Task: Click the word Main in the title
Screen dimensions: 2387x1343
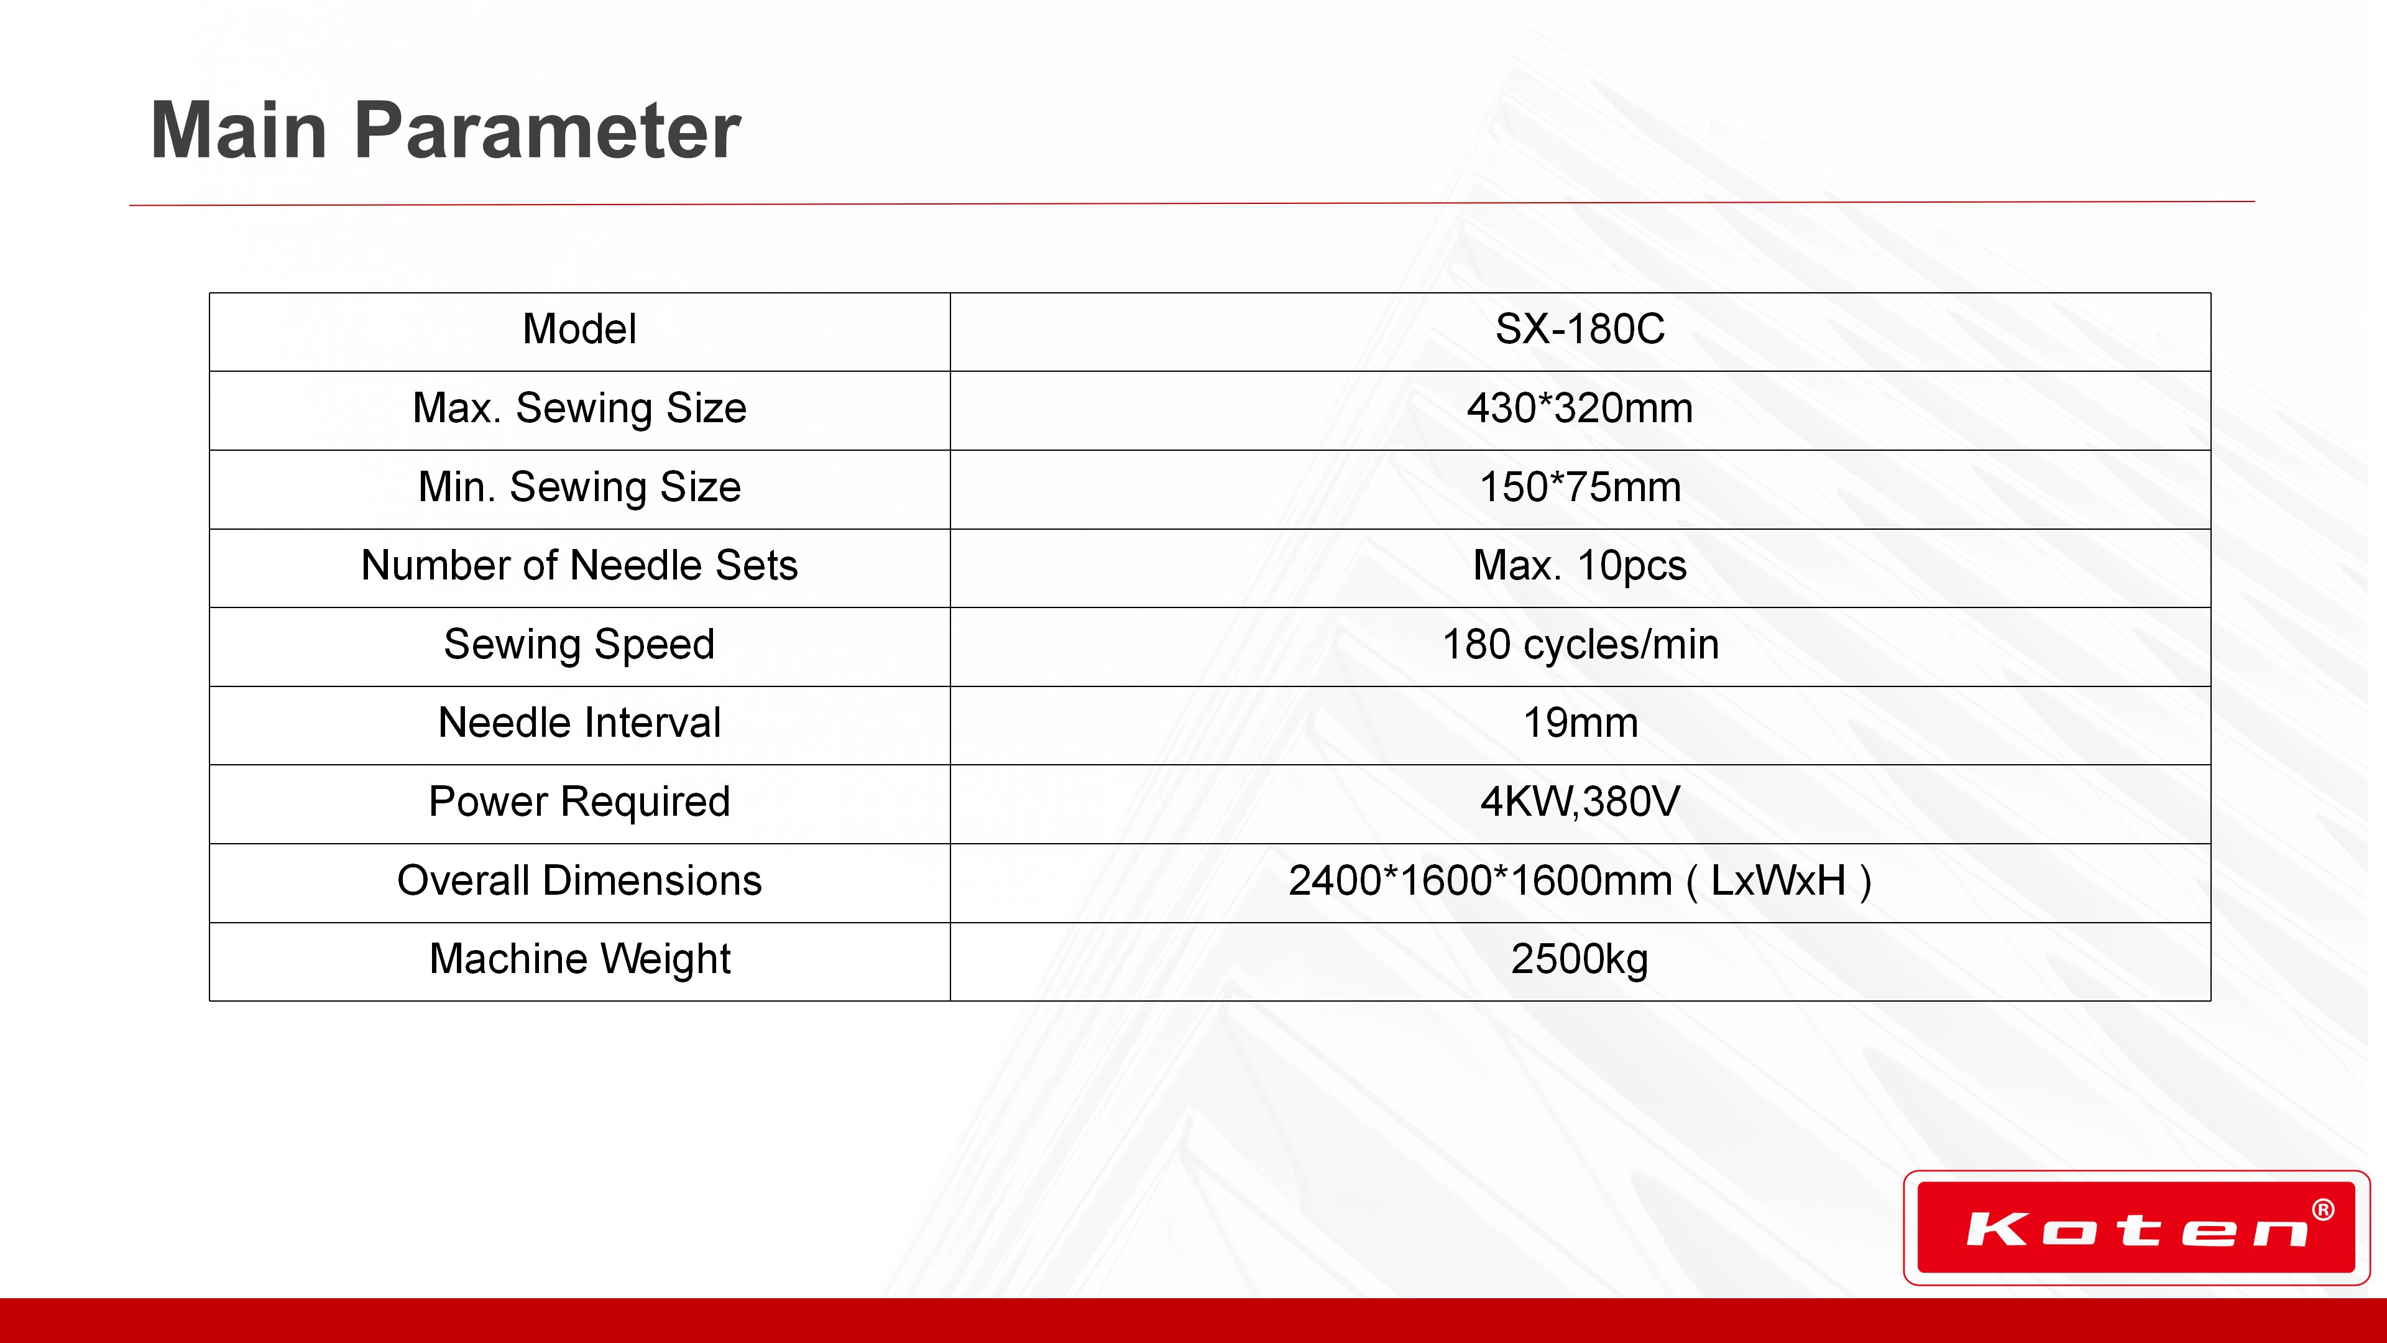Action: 239,130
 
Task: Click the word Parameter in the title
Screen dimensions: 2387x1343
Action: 547,130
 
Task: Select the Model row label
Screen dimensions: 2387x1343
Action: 579,329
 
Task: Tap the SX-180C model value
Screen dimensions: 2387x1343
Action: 1580,329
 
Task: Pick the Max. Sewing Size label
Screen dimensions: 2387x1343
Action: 579,408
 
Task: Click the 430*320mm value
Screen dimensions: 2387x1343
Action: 1580,408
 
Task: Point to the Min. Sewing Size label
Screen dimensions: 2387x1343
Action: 579,487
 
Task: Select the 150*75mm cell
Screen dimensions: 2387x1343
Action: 1580,487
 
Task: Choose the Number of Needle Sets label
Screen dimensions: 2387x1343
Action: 579,565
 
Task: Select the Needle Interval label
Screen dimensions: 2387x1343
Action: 579,723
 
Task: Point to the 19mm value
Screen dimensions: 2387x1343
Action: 1580,723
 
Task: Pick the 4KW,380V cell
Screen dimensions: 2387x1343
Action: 1580,801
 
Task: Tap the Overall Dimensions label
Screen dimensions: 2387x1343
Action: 579,880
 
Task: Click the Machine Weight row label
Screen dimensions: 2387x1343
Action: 579,960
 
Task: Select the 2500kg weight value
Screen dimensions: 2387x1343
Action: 1580,960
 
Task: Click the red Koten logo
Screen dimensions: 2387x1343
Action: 2136,1228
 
